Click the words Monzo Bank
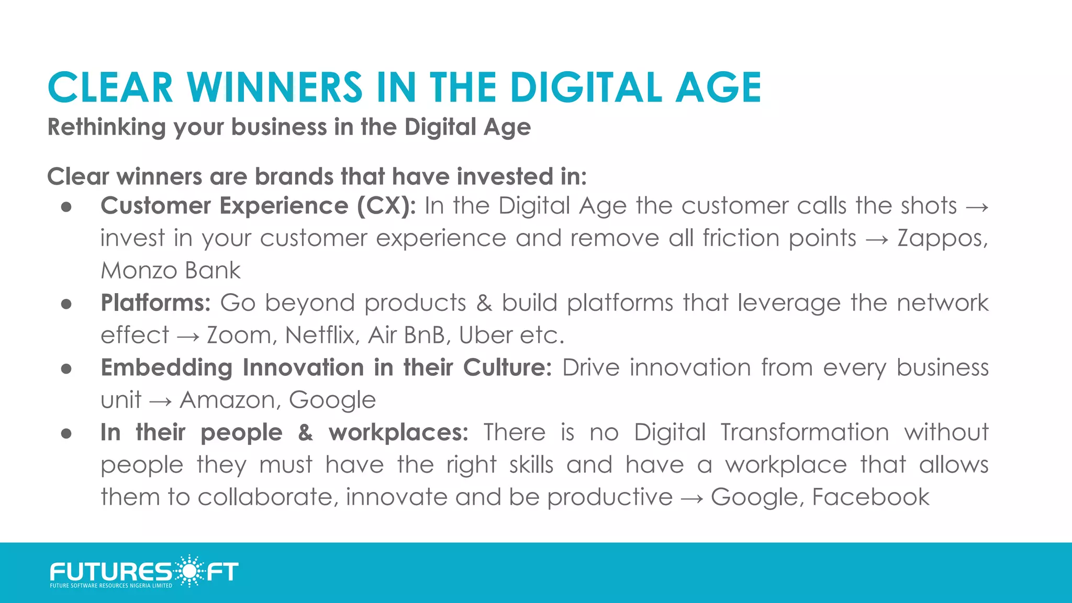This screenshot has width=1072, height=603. (171, 271)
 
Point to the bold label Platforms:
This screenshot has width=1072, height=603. (155, 303)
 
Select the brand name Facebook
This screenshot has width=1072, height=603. (870, 497)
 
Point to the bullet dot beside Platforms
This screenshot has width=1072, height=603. (66, 304)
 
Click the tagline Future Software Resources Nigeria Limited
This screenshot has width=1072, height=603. (111, 586)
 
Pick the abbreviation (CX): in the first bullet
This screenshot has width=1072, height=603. (386, 206)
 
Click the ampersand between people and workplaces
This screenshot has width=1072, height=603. (306, 432)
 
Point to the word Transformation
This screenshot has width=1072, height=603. (805, 432)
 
